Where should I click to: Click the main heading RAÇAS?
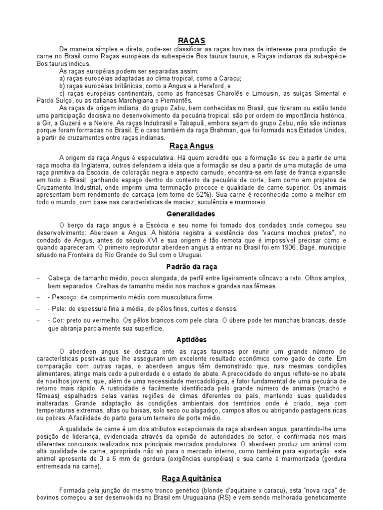[x=191, y=40]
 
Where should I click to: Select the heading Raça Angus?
[x=191, y=146]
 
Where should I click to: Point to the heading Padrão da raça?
[x=191, y=266]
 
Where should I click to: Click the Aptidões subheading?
[x=191, y=340]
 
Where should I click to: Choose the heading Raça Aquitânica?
[x=191, y=479]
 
